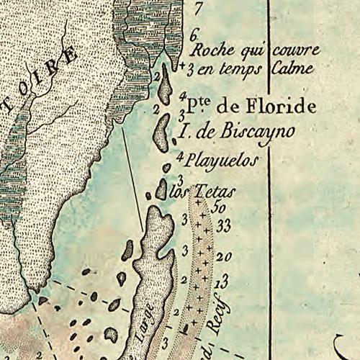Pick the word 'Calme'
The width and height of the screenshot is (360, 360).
pos(292,69)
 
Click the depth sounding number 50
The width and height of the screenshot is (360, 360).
pos(220,207)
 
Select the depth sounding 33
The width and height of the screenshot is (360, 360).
pos(223,226)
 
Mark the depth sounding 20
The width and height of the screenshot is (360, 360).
pos(223,256)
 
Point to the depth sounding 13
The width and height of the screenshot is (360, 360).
pos(222,279)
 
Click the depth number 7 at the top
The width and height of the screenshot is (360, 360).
pos(199,9)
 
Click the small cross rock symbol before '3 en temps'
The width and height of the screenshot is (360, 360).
pos(183,67)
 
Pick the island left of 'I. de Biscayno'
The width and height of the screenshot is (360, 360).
pos(161,127)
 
